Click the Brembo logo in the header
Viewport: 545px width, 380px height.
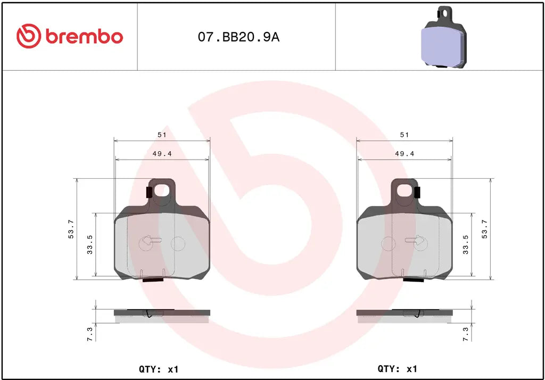click(x=70, y=36)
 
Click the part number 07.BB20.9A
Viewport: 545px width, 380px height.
click(x=238, y=37)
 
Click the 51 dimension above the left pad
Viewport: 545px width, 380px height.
click(x=161, y=135)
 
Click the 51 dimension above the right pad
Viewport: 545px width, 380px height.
click(x=404, y=135)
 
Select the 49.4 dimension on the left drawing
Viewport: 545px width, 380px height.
click(x=161, y=153)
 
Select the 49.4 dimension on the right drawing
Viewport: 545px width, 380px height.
click(x=404, y=153)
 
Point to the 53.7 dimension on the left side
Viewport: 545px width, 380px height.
click(x=71, y=229)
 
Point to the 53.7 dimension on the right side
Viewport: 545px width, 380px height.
click(x=484, y=229)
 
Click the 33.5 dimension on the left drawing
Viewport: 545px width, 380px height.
click(x=90, y=245)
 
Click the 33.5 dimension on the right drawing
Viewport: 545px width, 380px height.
click(x=466, y=245)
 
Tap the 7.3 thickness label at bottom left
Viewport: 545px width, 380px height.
click(x=89, y=334)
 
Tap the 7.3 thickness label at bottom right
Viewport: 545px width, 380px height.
click(x=466, y=334)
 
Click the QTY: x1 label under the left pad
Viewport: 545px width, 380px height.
click(x=159, y=369)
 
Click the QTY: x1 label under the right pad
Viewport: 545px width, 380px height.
click(x=397, y=369)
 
